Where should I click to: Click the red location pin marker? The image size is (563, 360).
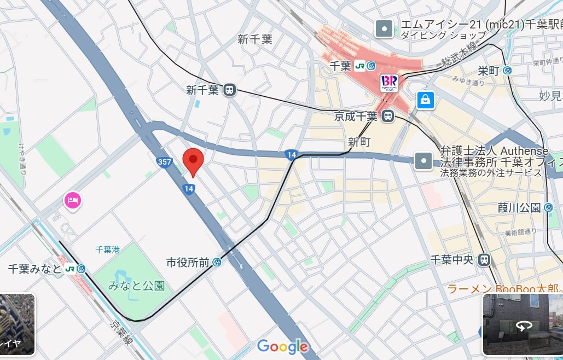(193, 160)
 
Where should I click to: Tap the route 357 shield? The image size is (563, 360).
(164, 162)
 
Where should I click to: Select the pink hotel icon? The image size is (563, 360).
(72, 200)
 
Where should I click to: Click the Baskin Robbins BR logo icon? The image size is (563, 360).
(390, 83)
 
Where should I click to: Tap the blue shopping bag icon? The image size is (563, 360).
(425, 100)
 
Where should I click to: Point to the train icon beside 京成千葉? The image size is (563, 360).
(388, 116)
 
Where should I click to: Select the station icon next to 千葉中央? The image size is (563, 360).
(484, 260)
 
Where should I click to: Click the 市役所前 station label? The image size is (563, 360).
(188, 263)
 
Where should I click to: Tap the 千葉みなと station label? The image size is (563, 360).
(36, 269)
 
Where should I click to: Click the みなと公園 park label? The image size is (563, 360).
(136, 285)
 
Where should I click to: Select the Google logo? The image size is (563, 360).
(282, 346)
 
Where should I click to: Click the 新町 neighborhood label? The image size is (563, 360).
(359, 142)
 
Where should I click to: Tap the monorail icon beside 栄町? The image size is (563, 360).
(507, 70)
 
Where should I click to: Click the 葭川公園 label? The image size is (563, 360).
(519, 207)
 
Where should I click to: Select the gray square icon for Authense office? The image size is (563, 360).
(424, 160)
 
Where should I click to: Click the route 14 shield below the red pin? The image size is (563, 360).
(189, 189)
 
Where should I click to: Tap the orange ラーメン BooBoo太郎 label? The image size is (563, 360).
(503, 289)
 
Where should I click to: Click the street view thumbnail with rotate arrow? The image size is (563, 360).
(523, 325)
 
